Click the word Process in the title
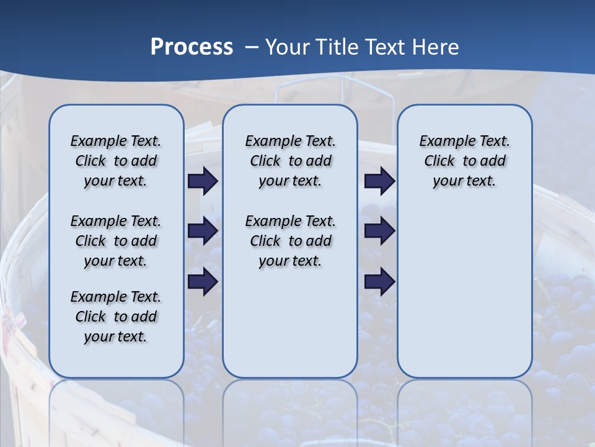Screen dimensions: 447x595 [192, 47]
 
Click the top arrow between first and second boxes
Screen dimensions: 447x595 [203, 181]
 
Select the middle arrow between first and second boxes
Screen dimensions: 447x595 [203, 232]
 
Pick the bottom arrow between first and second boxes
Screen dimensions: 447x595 [203, 282]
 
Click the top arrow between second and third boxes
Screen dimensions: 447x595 [379, 181]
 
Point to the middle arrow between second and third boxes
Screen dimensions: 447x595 [379, 232]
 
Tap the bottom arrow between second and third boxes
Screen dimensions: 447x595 [379, 282]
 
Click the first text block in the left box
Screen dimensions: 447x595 [116, 161]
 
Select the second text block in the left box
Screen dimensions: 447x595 [116, 241]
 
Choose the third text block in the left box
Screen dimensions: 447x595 [116, 317]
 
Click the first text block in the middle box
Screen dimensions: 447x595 [290, 161]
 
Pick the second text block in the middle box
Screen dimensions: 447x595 [290, 241]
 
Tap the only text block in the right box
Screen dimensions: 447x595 [464, 161]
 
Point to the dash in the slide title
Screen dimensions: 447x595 [252, 47]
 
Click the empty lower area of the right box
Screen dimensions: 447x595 [464, 292]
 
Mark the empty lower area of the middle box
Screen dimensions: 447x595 [290, 323]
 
